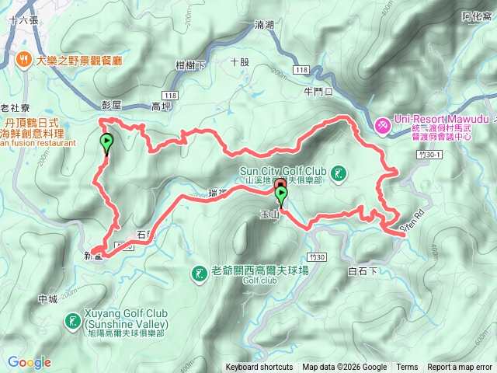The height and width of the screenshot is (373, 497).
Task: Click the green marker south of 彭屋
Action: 106,143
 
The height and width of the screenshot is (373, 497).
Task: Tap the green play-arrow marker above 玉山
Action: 281,194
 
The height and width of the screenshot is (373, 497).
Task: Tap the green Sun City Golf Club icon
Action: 339,173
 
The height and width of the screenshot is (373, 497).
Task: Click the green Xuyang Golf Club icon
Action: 73,319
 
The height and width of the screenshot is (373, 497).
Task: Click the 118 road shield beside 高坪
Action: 171,95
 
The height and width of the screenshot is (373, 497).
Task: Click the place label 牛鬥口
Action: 318,91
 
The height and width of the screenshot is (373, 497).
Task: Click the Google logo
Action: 30,362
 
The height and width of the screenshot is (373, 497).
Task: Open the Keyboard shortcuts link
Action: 259,368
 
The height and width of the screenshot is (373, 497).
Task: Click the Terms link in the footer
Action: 407,368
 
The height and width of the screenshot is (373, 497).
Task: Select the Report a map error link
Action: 461,368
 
